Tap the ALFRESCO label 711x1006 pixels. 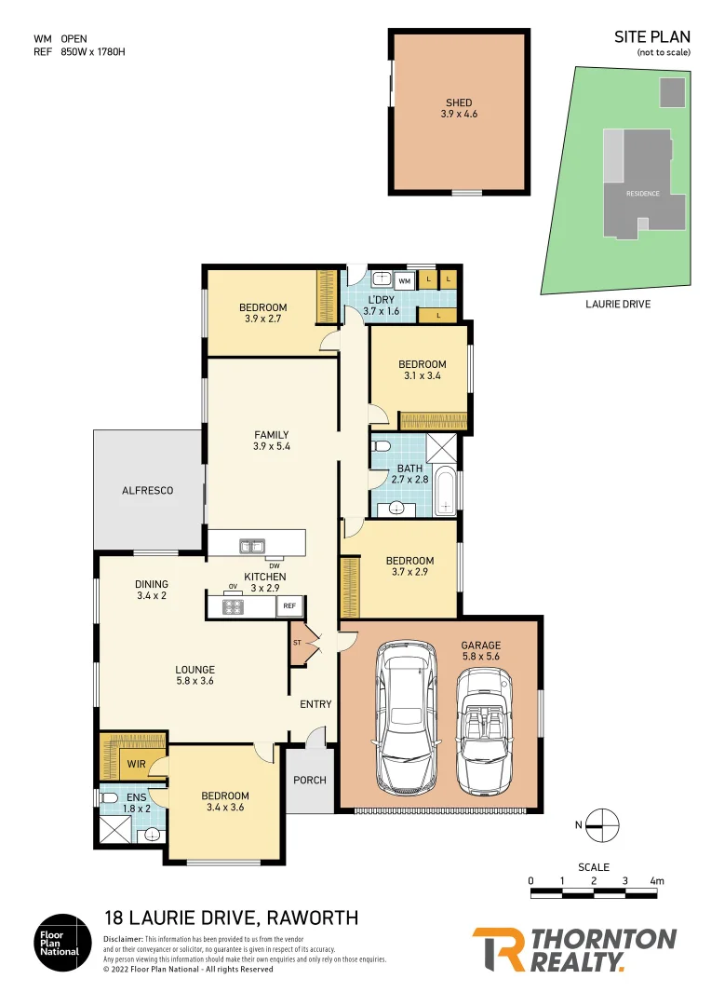tap(147, 490)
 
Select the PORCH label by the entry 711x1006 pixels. tap(310, 780)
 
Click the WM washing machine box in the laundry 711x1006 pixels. tap(405, 279)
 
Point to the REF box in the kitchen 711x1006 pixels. tap(288, 606)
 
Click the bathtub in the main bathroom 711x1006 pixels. tap(447, 491)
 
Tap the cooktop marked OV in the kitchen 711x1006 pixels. tap(233, 606)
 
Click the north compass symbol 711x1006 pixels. tap(602, 823)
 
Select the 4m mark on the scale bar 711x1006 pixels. tap(657, 880)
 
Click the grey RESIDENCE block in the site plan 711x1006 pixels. tap(642, 194)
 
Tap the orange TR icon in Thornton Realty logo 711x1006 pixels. tap(498, 948)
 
